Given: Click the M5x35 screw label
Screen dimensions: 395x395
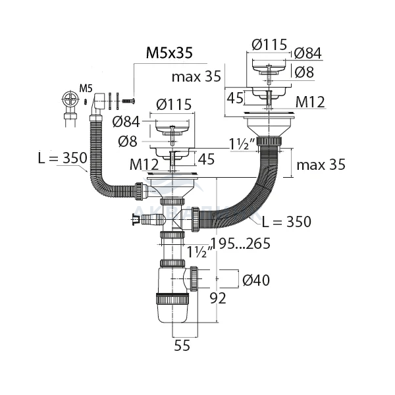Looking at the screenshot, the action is pyautogui.click(x=169, y=53).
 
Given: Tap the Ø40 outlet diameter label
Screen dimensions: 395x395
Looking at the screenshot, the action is pyautogui.click(x=256, y=280).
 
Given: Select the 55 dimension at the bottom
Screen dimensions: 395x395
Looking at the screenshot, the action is pyautogui.click(x=182, y=345).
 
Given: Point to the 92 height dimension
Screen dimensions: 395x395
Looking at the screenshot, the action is pyautogui.click(x=218, y=298).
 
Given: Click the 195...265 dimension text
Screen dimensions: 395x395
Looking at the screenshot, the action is pyautogui.click(x=240, y=244).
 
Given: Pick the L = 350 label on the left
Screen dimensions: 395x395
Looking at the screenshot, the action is pyautogui.click(x=63, y=158).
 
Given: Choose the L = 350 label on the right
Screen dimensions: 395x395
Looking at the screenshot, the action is pyautogui.click(x=286, y=222).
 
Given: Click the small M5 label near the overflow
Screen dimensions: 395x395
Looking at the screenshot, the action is pyautogui.click(x=86, y=88).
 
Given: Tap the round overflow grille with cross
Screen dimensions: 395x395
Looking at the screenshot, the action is pyautogui.click(x=70, y=99).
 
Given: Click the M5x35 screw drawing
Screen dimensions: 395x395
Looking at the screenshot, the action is pyautogui.click(x=128, y=101).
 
